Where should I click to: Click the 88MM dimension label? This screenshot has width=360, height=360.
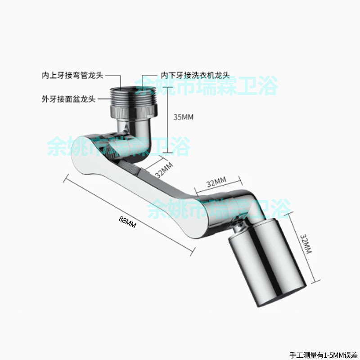tap(128, 222)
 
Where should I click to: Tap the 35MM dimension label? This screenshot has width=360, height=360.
tap(183, 117)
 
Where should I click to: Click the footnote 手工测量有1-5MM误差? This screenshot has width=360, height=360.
tap(324, 354)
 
